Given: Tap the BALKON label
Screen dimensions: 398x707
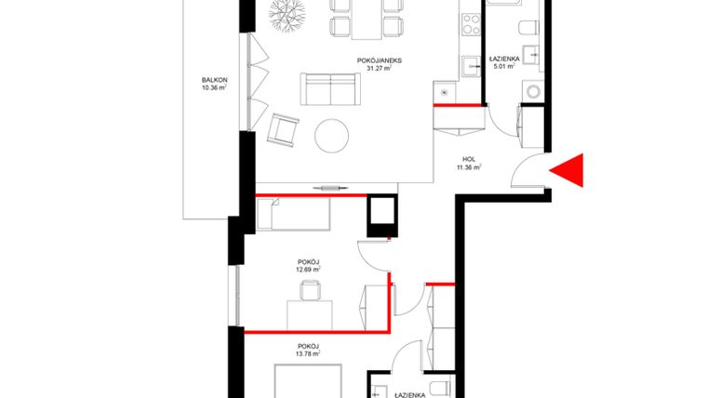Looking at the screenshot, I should point(214,81).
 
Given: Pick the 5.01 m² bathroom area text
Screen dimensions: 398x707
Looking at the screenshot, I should point(503,67).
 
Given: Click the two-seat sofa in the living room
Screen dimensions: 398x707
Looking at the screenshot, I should point(329,90).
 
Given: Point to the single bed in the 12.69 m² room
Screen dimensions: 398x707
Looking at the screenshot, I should point(293,217).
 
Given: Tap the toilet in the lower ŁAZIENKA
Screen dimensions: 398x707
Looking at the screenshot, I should point(441,389).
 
